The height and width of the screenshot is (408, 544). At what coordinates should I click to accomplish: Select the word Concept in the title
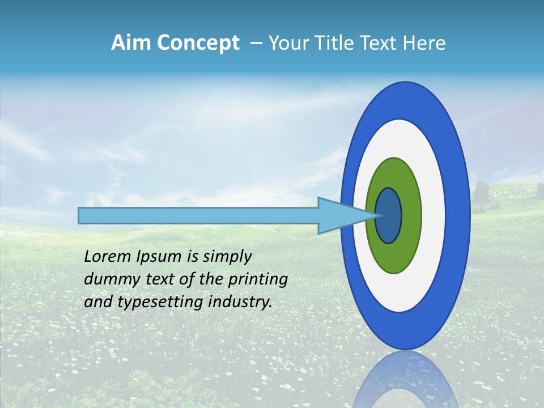click(x=198, y=43)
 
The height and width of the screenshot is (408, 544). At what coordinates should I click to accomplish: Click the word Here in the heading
click(x=425, y=43)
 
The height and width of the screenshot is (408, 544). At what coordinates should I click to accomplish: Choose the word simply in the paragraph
click(x=225, y=257)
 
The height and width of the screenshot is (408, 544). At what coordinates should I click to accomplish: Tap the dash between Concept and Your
click(x=256, y=43)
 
